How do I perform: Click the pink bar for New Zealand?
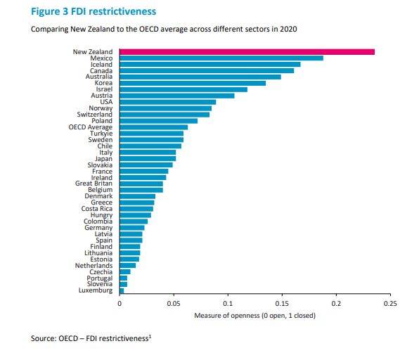coord(247,51)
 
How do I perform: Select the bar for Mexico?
coord(221,58)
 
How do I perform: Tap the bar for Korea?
coord(192,83)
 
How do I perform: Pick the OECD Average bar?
coord(153,127)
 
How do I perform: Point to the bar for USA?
coord(167,102)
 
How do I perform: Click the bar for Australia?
coord(200,77)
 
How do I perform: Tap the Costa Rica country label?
coord(97,209)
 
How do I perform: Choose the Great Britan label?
coord(94,184)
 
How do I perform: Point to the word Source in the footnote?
coord(43,339)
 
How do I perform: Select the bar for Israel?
coord(183,89)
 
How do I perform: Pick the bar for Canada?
coord(206,70)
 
